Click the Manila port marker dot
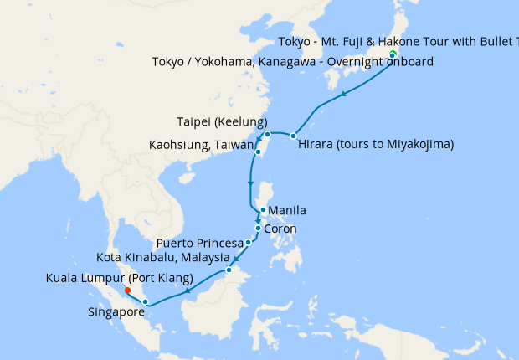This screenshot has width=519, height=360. pyautogui.click(x=263, y=210)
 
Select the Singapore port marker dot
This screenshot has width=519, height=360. pyautogui.click(x=146, y=301)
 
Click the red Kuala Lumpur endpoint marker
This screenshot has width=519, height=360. pyautogui.click(x=127, y=291)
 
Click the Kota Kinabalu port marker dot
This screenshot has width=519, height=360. pyautogui.click(x=229, y=270)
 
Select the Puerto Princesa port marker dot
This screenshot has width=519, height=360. pyautogui.click(x=249, y=243)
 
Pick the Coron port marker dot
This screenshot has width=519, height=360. pyautogui.click(x=258, y=229)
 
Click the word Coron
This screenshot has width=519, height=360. pyautogui.click(x=280, y=229)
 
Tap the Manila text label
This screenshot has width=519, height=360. pyautogui.click(x=287, y=210)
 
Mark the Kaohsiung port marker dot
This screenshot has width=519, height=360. pyautogui.click(x=259, y=152)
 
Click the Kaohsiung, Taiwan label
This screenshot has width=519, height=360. pyautogui.click(x=201, y=145)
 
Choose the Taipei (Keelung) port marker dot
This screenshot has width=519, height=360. pyautogui.click(x=267, y=134)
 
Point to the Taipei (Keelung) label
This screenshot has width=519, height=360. pyautogui.click(x=222, y=121)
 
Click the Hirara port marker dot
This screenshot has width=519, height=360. pyautogui.click(x=294, y=136)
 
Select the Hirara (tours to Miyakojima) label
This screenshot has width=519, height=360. pyautogui.click(x=376, y=144)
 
